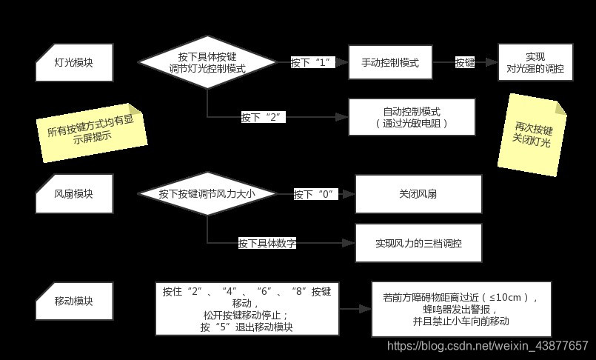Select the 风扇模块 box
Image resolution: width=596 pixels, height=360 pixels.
pos(74,194)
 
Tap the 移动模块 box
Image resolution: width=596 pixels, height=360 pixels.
pos(74,301)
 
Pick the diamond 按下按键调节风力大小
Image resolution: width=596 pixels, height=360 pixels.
pos(207,194)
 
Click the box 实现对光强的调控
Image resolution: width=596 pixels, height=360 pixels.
pos(535,62)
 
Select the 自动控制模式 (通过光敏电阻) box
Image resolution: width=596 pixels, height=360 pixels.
pos(412,117)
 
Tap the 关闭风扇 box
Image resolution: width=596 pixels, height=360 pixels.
pos(418,194)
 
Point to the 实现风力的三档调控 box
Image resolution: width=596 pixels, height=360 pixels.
pos(418,243)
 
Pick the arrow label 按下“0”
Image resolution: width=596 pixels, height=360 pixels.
pos(315,194)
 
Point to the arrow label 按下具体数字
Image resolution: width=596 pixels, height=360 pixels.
pos(267,243)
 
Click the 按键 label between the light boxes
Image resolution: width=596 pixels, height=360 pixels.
pos(465,62)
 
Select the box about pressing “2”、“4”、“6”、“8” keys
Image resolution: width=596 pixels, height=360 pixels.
pos(246,308)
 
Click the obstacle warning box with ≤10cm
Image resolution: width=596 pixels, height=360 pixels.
pos(461,309)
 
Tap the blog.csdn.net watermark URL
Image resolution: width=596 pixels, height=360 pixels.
pos(488,346)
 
